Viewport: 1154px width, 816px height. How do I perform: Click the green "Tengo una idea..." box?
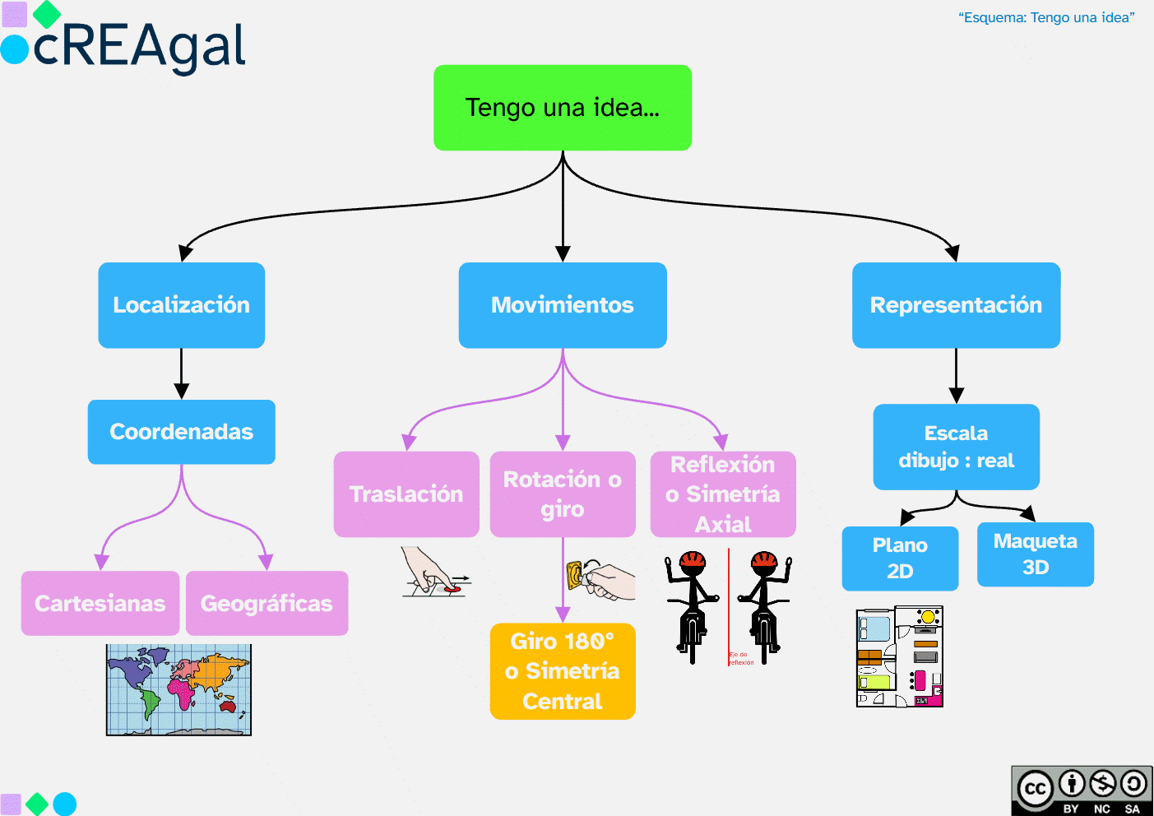563,108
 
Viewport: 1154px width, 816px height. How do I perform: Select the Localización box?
181,305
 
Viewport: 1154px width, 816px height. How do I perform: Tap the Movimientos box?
563,305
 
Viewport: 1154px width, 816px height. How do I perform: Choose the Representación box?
956,305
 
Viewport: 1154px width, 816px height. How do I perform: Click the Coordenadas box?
181,432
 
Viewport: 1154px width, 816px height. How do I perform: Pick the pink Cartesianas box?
100,603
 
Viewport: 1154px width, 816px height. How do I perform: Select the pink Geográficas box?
266,603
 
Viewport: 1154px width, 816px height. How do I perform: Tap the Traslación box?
406,494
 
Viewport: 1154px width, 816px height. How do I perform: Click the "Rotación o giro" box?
563,494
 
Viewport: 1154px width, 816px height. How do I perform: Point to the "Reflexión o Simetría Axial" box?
723,494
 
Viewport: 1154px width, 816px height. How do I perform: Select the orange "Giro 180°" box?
563,671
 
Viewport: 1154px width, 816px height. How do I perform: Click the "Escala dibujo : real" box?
956,447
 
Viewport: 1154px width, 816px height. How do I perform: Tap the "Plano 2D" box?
900,558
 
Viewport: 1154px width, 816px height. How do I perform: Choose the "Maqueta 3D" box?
1035,554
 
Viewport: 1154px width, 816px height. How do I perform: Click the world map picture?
178,689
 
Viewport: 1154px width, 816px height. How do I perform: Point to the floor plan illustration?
899,657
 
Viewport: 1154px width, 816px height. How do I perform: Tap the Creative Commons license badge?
1082,790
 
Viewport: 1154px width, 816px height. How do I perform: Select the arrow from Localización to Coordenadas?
181,374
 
